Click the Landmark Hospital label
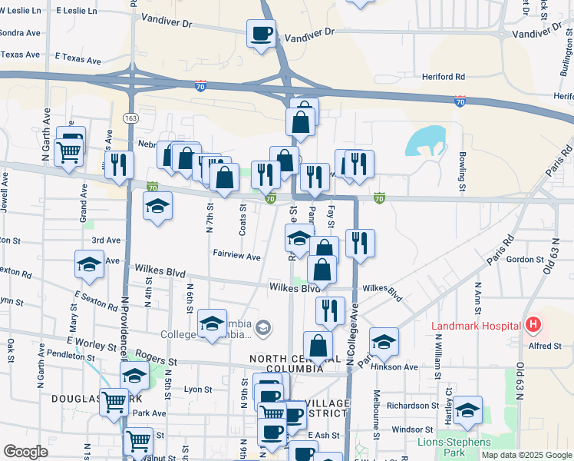coord(476,325)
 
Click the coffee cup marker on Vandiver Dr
coord(261,34)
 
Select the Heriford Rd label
coord(443,77)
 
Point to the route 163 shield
coord(130,118)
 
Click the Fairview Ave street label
coord(236,256)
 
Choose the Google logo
coord(25,452)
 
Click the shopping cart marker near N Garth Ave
coord(69,152)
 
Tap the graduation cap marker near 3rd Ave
coord(89,264)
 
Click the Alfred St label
coord(546,347)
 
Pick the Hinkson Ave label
coord(401,367)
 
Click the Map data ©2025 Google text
coord(526,455)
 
